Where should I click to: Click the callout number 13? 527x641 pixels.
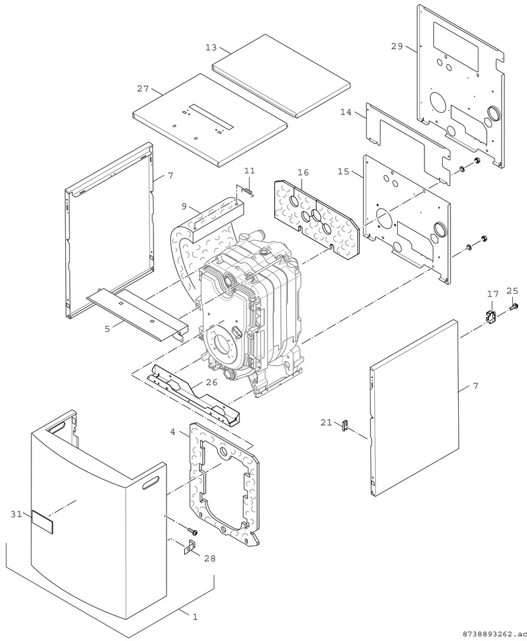coord(210,48)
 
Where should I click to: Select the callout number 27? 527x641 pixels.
coord(142,88)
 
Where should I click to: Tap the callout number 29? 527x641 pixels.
coord(397,46)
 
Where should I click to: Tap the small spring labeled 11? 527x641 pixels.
coord(248,191)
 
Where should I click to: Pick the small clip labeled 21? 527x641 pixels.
coord(344,426)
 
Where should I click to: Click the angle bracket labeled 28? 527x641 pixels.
coord(191,547)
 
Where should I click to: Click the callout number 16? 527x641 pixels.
coord(303,172)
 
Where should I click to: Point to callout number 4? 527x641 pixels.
coord(173,431)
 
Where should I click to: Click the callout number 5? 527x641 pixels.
coord(107,328)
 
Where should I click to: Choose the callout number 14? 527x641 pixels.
coord(346,112)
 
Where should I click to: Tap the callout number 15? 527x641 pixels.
coord(343,172)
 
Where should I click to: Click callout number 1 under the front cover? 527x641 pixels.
coord(194,617)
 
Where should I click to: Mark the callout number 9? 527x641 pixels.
coord(184,206)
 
